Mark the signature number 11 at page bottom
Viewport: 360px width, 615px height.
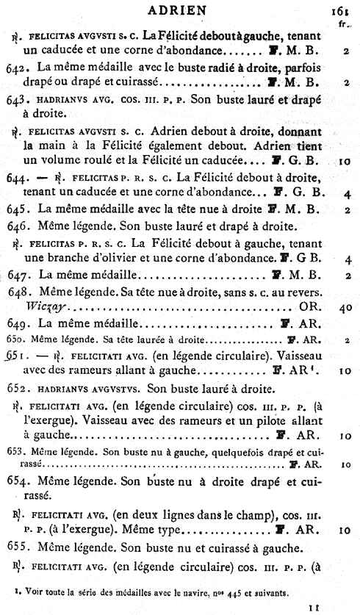[334, 607]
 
